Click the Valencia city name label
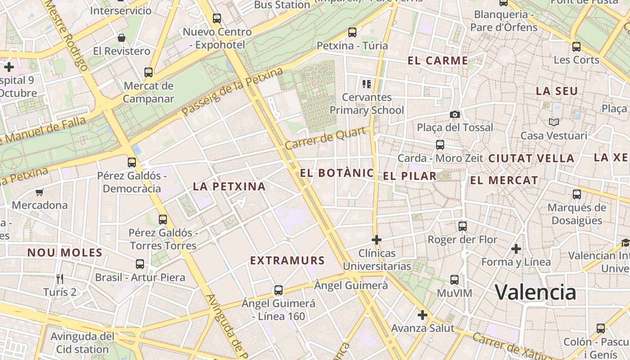(x=535, y=292)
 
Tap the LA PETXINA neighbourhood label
(x=229, y=186)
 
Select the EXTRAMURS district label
(x=287, y=261)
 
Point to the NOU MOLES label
(x=65, y=252)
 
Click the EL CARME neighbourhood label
(x=438, y=61)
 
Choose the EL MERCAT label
(x=504, y=180)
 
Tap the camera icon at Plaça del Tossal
(x=455, y=114)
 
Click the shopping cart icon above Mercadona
(x=40, y=193)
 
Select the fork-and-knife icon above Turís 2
(x=60, y=279)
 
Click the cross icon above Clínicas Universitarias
(x=377, y=240)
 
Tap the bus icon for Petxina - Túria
(x=352, y=32)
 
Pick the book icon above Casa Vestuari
(x=553, y=122)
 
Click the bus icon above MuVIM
(x=454, y=280)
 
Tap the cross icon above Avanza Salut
(x=422, y=315)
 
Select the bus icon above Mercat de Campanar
(x=148, y=72)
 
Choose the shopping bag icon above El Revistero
(x=121, y=38)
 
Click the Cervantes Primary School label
(x=367, y=103)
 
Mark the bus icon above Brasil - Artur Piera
(x=140, y=264)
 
